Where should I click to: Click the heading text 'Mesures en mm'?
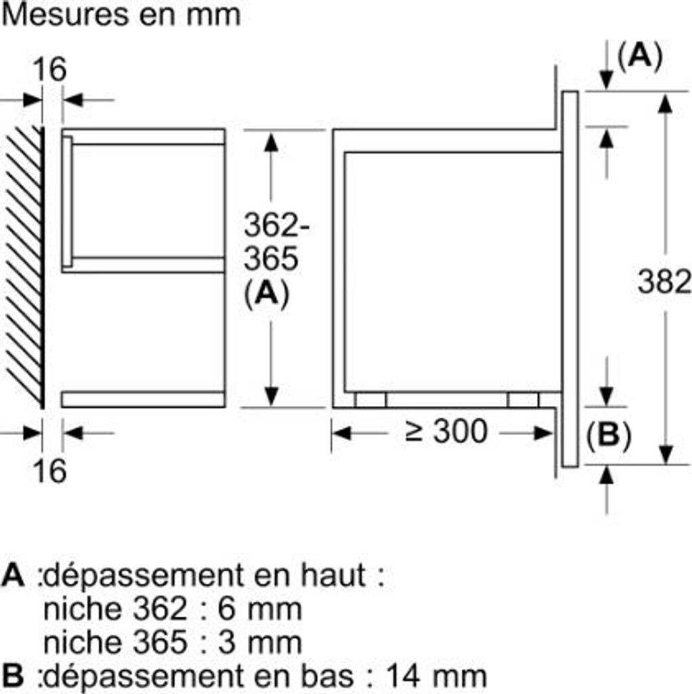coord(122,15)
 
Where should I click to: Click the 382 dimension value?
coord(664,282)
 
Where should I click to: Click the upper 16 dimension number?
coord(50,70)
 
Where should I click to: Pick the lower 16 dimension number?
coord(50,471)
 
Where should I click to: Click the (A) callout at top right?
coord(639,57)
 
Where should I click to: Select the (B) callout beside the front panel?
coord(608,436)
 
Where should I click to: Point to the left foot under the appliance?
coord(370,400)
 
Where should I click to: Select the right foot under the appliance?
coord(523,400)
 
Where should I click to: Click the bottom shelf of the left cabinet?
coord(143,399)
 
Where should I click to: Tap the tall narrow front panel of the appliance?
coord(570,278)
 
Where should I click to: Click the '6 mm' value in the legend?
coord(259,609)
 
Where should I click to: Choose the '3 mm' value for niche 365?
coord(259,642)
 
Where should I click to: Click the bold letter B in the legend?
coord(13,675)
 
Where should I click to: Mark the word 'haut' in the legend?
coord(332,577)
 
